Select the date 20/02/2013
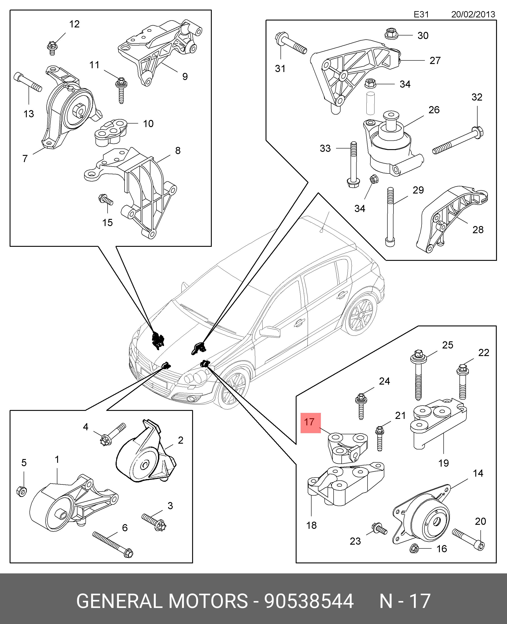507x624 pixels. (473, 14)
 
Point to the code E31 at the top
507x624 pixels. (421, 14)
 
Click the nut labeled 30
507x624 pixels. (391, 34)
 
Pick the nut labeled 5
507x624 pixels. (22, 491)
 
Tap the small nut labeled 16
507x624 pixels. (414, 549)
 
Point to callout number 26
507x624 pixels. (434, 110)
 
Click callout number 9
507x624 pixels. (185, 76)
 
